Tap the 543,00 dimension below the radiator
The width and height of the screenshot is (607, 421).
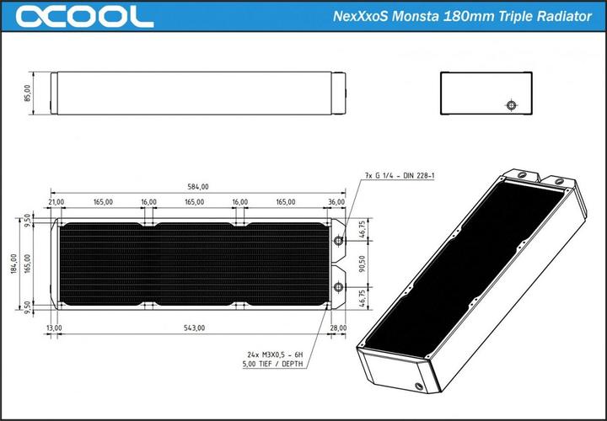tap(194, 328)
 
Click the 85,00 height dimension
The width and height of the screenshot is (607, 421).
tap(28, 93)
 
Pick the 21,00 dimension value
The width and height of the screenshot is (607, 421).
tap(57, 202)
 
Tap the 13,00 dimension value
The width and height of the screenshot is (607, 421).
tap(55, 328)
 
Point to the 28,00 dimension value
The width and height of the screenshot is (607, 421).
tap(339, 328)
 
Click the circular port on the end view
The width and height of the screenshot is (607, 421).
tap(509, 105)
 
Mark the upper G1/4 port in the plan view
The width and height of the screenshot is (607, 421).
tap(339, 241)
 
